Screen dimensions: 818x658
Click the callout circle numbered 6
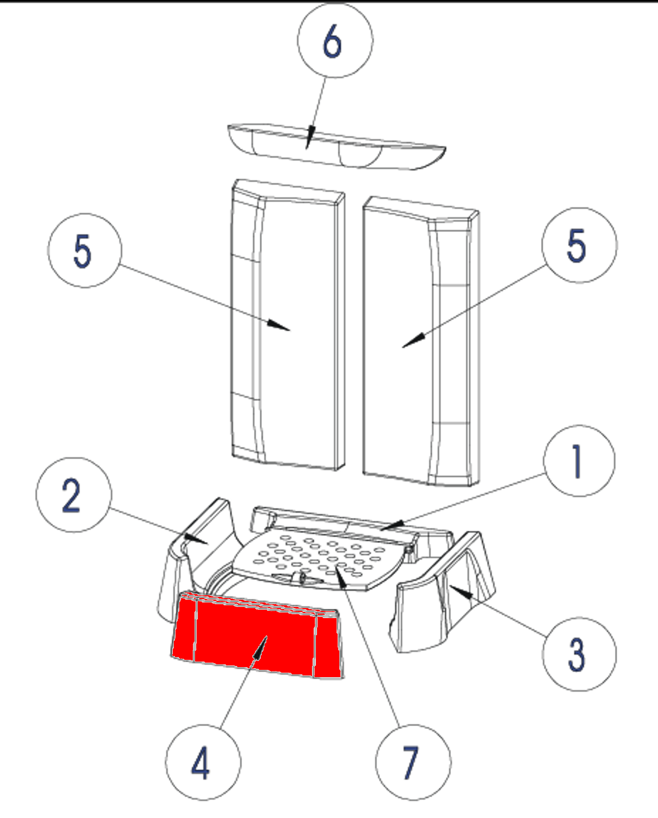coord(335,40)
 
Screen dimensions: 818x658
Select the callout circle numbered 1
coord(579,461)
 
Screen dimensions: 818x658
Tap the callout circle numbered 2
coord(74,495)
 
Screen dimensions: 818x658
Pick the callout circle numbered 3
coord(579,654)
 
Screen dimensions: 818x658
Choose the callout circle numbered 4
coord(203,762)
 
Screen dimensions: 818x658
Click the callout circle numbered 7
coord(413,762)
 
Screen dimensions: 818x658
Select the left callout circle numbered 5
coord(84,251)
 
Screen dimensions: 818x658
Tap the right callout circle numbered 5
coord(579,245)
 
